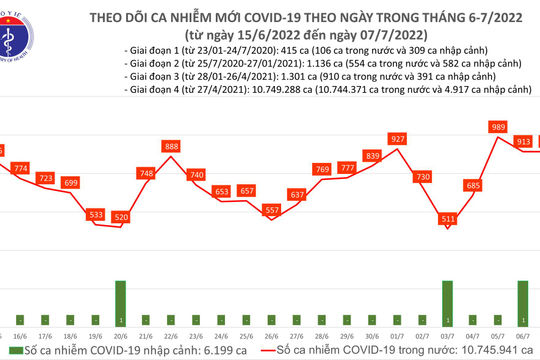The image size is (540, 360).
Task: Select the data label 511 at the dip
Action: tap(448, 218)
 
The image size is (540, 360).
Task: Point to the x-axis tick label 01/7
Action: tap(397, 336)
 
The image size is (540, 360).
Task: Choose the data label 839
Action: tap(372, 156)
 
